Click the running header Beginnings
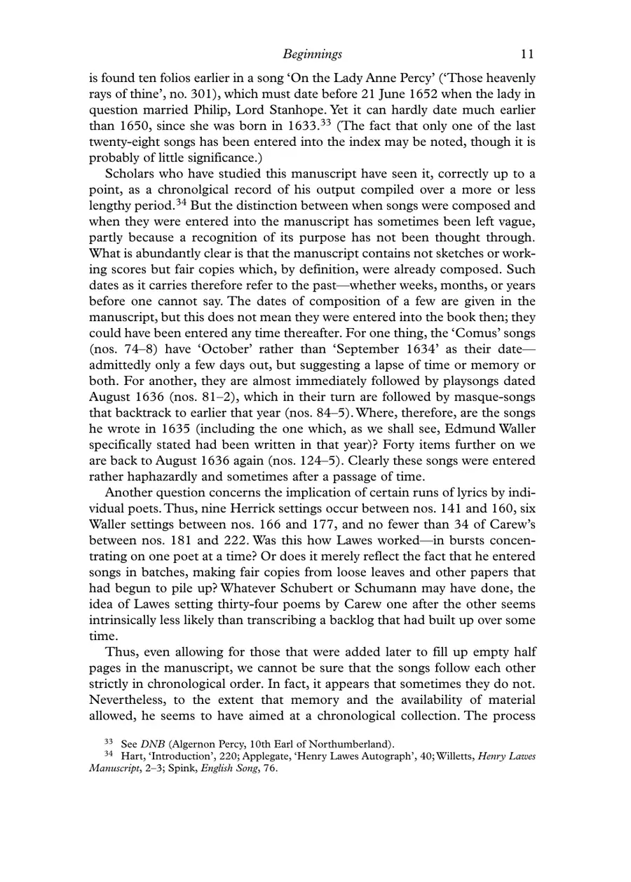[312, 54]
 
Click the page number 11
[529, 54]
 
